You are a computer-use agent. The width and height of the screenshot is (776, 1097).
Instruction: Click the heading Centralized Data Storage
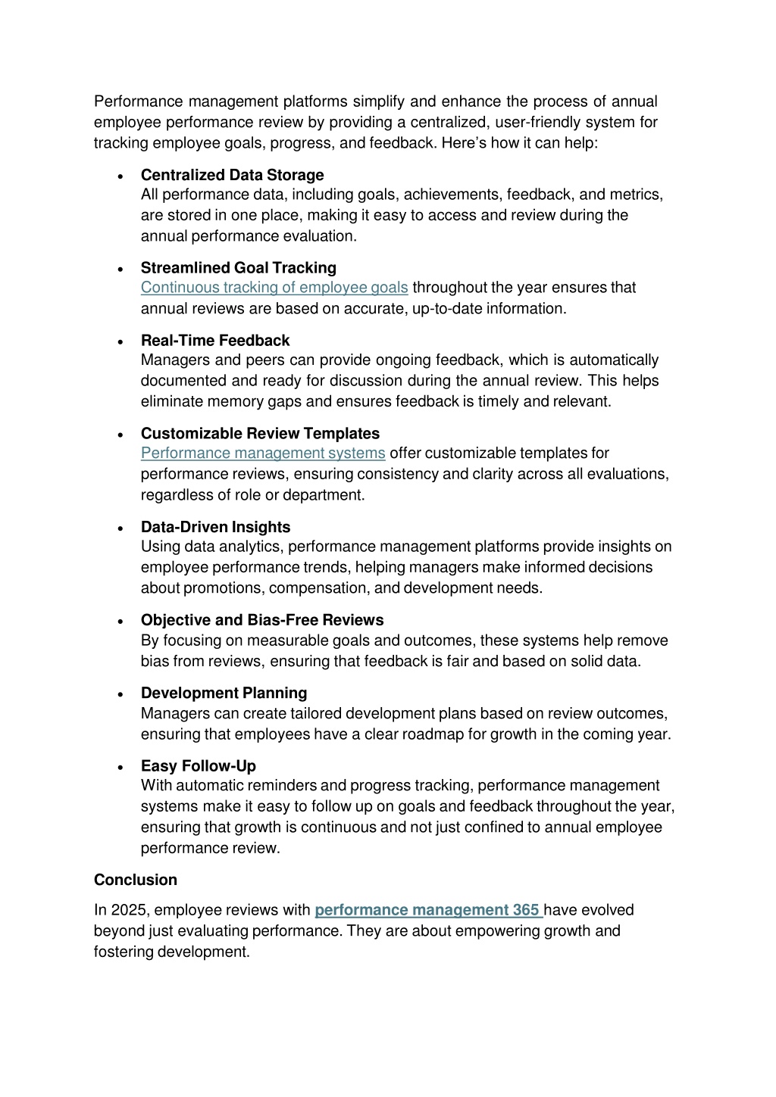point(232,175)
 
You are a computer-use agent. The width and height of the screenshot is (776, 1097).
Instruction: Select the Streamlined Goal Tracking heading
point(238,267)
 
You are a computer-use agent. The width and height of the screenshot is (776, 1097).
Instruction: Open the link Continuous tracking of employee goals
point(274,288)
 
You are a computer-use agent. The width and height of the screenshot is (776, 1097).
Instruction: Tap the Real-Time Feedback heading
point(215,341)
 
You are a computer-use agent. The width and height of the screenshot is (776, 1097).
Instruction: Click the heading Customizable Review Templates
point(260,433)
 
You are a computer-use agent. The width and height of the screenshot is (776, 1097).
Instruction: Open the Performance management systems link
point(263,453)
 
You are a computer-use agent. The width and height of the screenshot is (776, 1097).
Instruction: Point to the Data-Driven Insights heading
point(215,527)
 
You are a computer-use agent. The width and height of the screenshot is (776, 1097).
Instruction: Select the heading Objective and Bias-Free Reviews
point(262,620)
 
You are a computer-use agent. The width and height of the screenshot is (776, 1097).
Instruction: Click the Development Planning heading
point(224,693)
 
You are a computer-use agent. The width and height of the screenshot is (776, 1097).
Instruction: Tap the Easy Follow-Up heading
point(199,765)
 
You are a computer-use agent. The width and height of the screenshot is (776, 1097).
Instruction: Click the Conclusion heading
point(136,880)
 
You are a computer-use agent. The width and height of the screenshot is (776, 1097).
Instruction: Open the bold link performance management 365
point(427,910)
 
